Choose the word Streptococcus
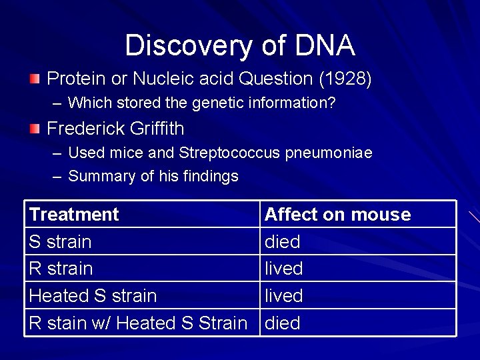230,153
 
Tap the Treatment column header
74,215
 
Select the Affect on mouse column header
337,215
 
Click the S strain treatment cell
60,241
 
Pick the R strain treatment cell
61,269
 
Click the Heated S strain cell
93,295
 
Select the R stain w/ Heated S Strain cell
138,323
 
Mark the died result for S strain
283,241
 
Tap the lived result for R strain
283,269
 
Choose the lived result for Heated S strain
283,295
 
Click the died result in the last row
283,323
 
